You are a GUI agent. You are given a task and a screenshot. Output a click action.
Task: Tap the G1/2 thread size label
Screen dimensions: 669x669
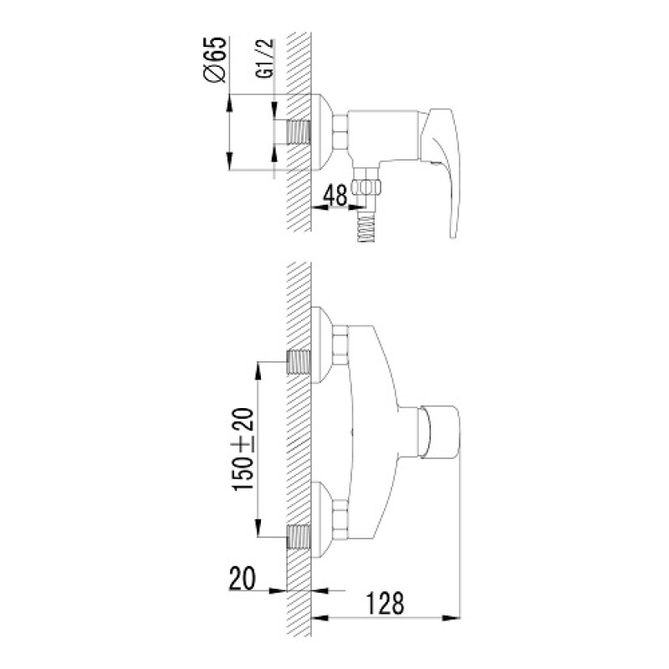[264, 59]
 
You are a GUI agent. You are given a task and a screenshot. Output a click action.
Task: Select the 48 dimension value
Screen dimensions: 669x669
[335, 196]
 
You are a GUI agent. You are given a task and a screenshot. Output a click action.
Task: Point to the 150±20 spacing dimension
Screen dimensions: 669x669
[243, 448]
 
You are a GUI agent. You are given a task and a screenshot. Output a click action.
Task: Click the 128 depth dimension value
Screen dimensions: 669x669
[385, 603]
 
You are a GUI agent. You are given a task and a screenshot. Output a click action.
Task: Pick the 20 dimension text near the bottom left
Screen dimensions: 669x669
[243, 578]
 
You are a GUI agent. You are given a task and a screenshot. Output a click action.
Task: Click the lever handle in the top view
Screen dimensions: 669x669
[442, 171]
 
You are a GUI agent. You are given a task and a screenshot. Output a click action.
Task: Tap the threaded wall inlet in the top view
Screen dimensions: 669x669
[299, 132]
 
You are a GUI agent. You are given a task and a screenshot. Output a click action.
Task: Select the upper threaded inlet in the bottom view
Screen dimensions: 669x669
[299, 362]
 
